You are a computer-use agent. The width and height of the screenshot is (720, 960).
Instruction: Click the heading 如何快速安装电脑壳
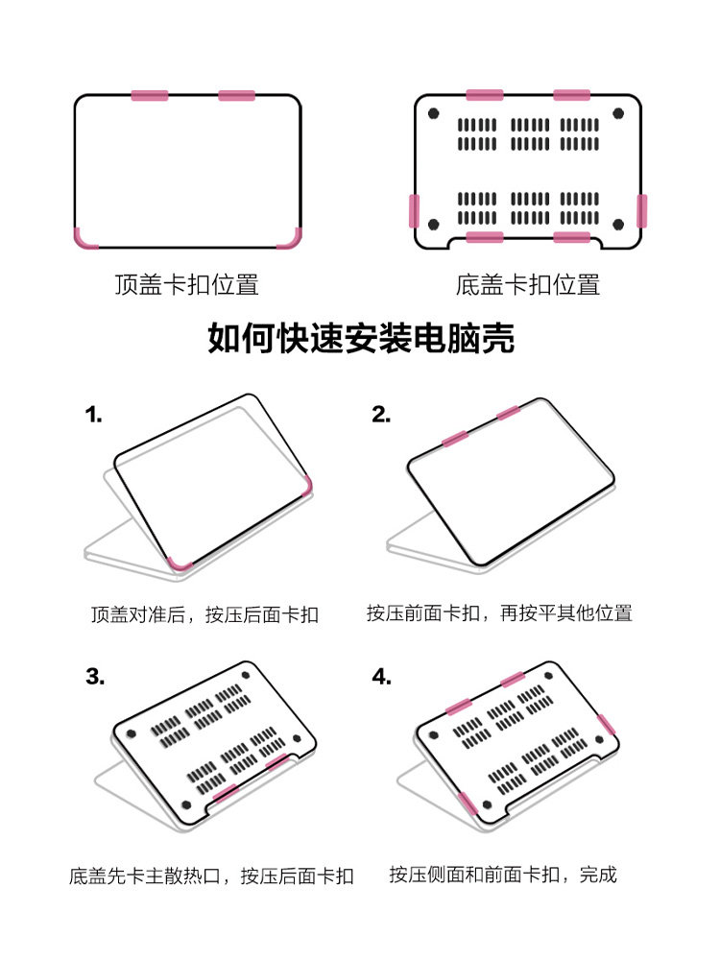click(x=361, y=339)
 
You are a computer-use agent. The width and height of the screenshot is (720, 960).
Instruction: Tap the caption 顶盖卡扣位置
click(x=186, y=285)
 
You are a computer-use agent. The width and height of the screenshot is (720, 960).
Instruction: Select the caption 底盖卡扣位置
click(x=528, y=285)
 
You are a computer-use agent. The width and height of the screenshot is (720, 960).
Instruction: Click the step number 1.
click(x=93, y=415)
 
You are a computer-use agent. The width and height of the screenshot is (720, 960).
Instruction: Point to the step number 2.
click(x=381, y=415)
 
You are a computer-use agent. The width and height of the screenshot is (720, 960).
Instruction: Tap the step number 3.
click(x=94, y=676)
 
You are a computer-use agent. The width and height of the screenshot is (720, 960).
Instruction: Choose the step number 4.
click(x=382, y=678)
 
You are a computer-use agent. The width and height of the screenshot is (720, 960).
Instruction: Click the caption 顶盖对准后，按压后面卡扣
click(x=204, y=614)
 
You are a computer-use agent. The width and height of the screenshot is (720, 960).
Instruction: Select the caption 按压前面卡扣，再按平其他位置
click(x=499, y=612)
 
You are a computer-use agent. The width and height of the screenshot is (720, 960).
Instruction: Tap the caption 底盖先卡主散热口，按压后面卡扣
click(x=211, y=876)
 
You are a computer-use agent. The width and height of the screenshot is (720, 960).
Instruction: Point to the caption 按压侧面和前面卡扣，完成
click(x=503, y=875)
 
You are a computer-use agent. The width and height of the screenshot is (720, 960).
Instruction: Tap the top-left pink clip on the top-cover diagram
click(x=150, y=95)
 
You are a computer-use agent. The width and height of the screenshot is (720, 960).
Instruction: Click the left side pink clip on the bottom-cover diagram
click(x=415, y=210)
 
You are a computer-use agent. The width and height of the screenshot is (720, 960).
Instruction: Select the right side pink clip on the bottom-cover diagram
click(x=641, y=210)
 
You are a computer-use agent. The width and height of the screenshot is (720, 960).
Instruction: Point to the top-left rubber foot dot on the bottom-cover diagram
click(x=435, y=113)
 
